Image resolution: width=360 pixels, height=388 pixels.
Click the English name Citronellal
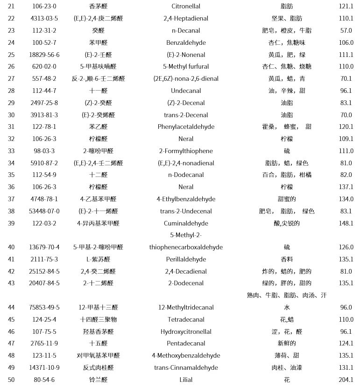click(186, 7)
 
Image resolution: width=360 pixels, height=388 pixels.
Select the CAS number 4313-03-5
click(44, 19)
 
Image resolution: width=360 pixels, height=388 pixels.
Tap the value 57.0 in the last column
click(346, 31)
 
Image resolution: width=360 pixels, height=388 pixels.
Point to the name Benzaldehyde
click(186, 43)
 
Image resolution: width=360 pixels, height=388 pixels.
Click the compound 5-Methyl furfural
click(186, 67)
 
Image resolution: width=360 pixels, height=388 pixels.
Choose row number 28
click(11, 91)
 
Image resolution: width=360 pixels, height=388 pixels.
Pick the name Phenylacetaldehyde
click(186, 127)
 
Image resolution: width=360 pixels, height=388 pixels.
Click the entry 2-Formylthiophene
click(186, 151)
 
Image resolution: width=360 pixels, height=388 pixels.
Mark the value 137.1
click(346, 187)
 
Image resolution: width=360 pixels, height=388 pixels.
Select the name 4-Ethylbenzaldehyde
click(186, 199)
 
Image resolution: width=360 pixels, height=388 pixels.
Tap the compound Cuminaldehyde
click(186, 224)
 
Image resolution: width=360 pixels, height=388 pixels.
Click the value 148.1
click(346, 224)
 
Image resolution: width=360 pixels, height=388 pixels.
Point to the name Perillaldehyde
click(186, 260)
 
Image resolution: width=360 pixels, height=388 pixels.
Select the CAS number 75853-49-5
click(44, 308)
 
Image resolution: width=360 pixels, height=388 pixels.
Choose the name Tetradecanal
click(186, 320)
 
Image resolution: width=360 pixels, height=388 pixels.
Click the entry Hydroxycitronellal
click(186, 332)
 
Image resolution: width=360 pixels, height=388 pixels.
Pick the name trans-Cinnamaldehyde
click(186, 368)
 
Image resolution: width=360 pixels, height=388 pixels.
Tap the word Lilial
click(186, 380)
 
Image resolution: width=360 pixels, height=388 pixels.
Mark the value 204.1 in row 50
click(346, 380)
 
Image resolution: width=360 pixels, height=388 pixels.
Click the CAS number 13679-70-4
click(44, 247)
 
